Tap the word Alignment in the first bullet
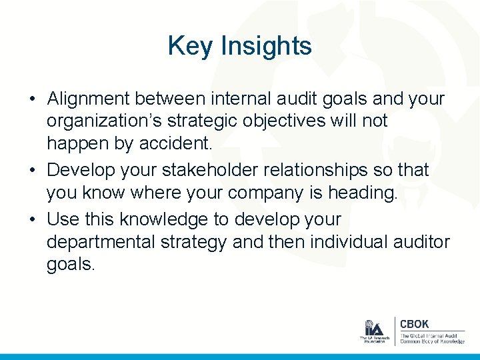tap(88, 99)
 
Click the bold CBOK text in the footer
tap(414, 324)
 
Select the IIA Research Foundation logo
tap(373, 331)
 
